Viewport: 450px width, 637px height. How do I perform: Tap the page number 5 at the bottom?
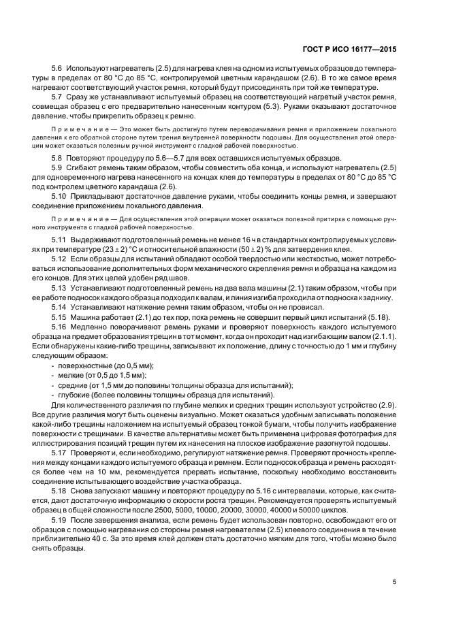395,582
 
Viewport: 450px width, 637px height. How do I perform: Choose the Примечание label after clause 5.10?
74,219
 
